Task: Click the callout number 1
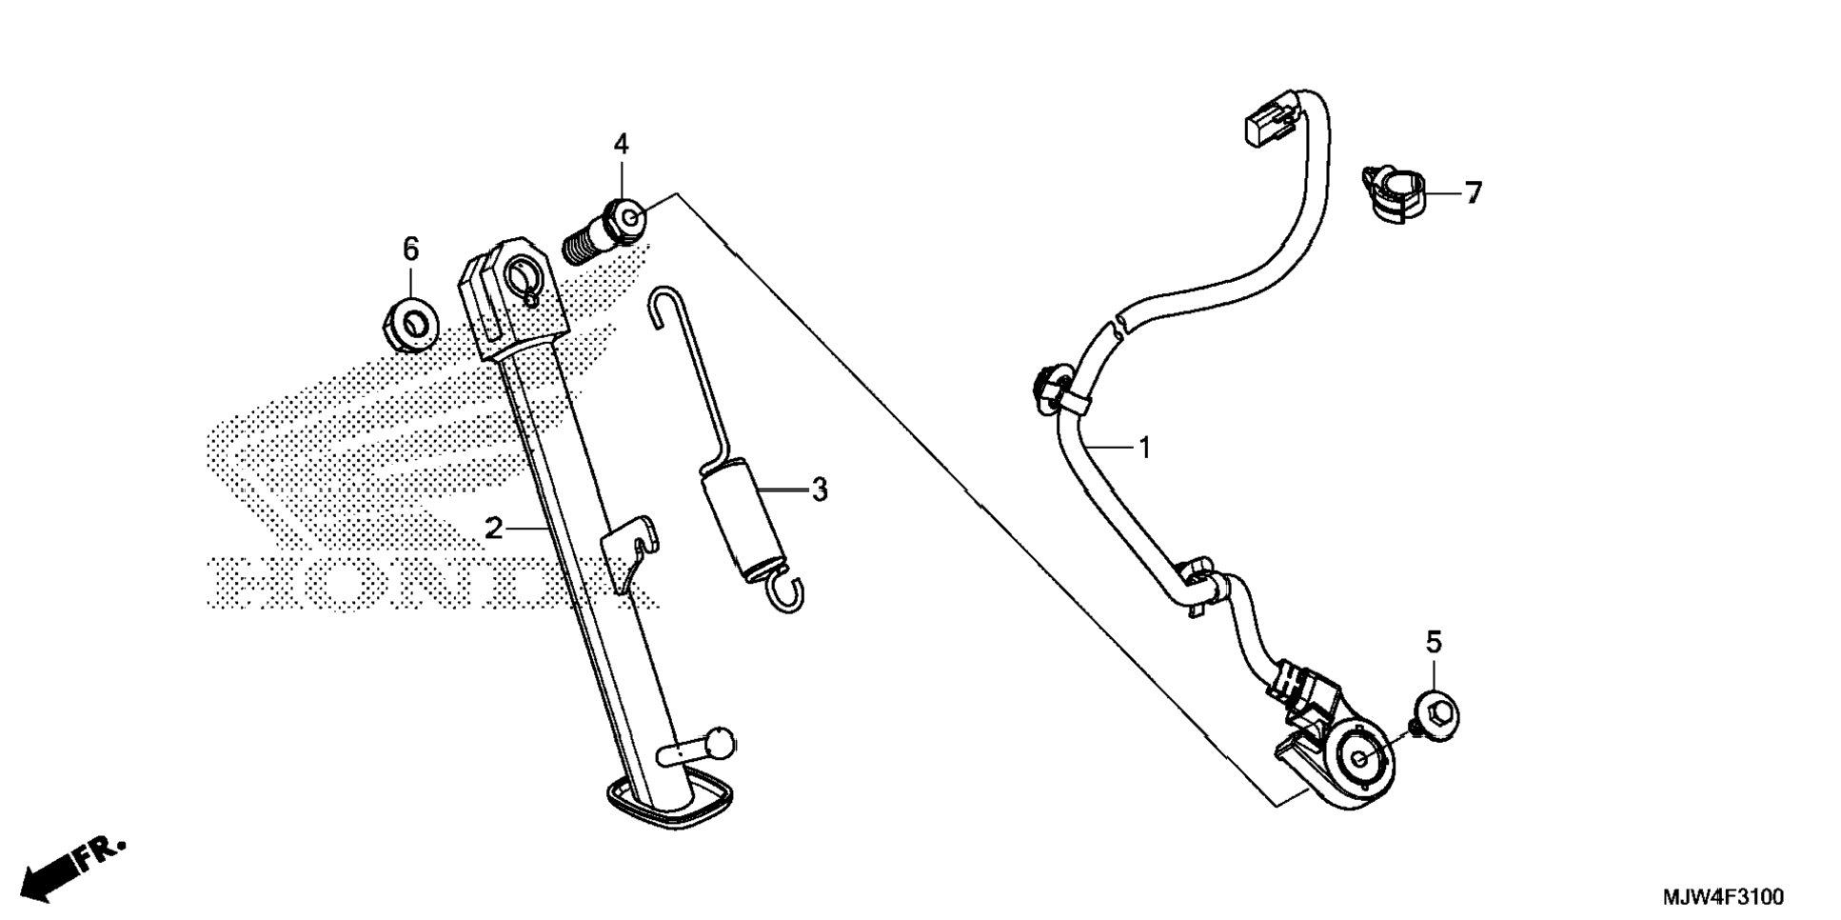click(x=1145, y=447)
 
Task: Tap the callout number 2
click(x=493, y=528)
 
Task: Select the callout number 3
click(x=820, y=490)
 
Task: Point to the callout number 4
click(x=621, y=145)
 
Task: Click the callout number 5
click(x=1434, y=642)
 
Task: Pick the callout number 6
click(x=410, y=250)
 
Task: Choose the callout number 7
click(x=1474, y=193)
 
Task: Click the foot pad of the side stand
click(x=669, y=804)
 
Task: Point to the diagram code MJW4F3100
click(x=1723, y=897)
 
